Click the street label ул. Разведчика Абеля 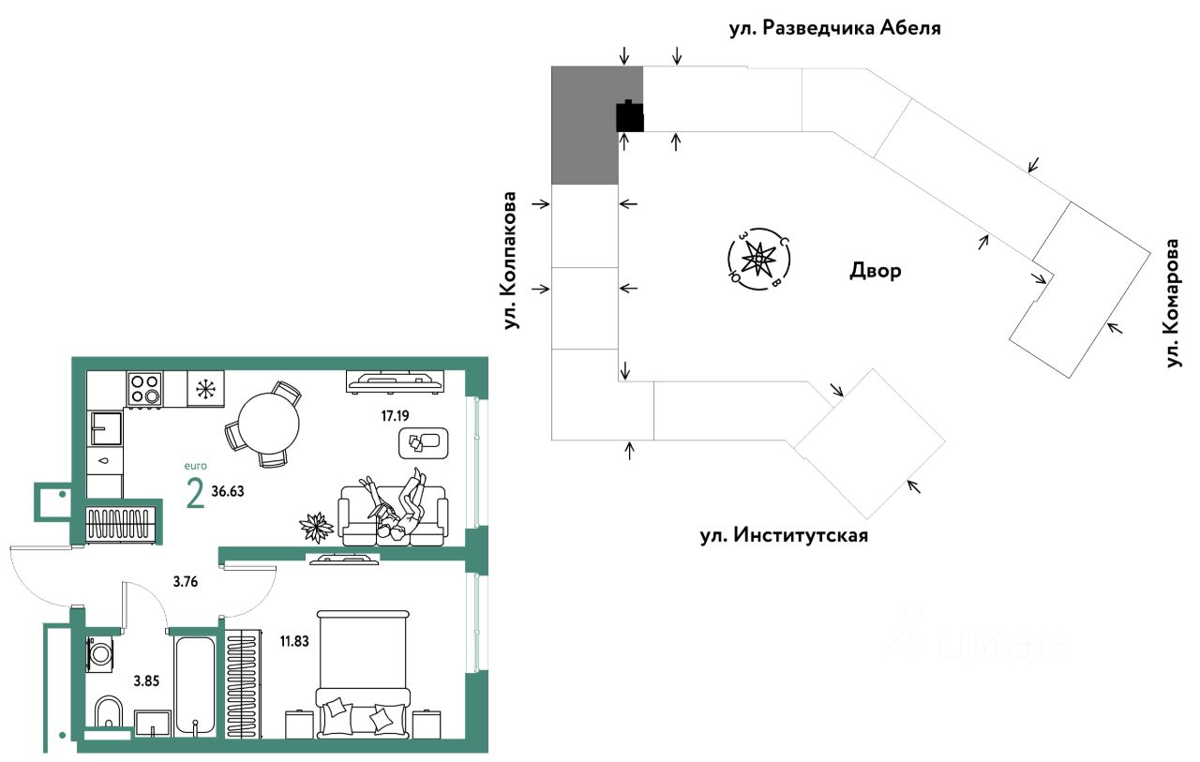click(x=834, y=28)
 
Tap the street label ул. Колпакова click(x=510, y=261)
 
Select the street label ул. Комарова click(x=1173, y=303)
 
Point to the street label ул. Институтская click(x=784, y=535)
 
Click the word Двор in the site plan click(x=876, y=271)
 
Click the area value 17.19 click(x=396, y=415)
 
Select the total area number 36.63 click(x=228, y=491)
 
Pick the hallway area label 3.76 click(x=186, y=581)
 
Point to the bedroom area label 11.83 click(x=294, y=641)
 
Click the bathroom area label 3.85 click(x=147, y=681)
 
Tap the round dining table click(x=268, y=424)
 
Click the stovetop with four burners click(x=145, y=389)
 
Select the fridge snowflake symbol click(x=205, y=389)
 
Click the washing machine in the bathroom click(x=100, y=654)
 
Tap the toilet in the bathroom click(x=108, y=711)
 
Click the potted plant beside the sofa click(x=316, y=527)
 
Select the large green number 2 click(x=195, y=494)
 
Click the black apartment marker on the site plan click(x=630, y=116)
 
